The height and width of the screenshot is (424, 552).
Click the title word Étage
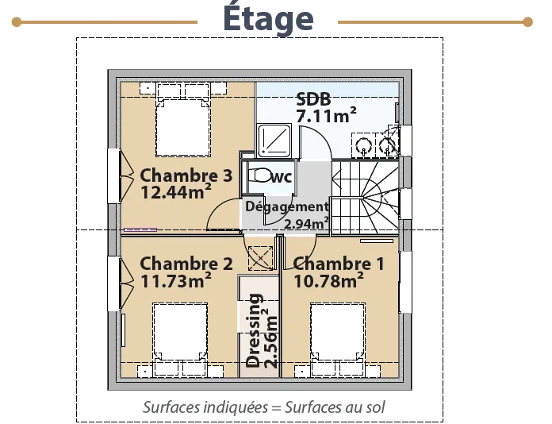pyautogui.click(x=268, y=18)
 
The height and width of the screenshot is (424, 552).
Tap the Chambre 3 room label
pyautogui.click(x=186, y=175)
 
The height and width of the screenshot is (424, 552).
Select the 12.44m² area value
pyautogui.click(x=175, y=191)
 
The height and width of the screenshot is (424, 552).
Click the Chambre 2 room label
pyautogui.click(x=186, y=264)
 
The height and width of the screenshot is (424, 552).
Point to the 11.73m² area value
pyautogui.click(x=175, y=279)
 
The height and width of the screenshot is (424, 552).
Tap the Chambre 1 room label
pyautogui.click(x=339, y=264)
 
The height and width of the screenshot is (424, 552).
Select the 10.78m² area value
pyautogui.click(x=328, y=280)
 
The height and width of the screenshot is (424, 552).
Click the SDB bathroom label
pyautogui.click(x=313, y=99)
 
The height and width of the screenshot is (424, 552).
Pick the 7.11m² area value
pyautogui.click(x=326, y=115)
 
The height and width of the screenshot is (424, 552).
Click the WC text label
pyautogui.click(x=281, y=177)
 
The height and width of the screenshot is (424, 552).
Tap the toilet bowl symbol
pyautogui.click(x=259, y=175)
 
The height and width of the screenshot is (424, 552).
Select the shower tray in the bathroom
pyautogui.click(x=274, y=141)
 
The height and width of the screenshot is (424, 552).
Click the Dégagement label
pyautogui.click(x=287, y=206)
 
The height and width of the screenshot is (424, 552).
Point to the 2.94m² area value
pyautogui.click(x=306, y=223)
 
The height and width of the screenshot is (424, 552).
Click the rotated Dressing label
pyautogui.click(x=254, y=330)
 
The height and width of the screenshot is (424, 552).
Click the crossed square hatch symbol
pyautogui.click(x=260, y=258)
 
